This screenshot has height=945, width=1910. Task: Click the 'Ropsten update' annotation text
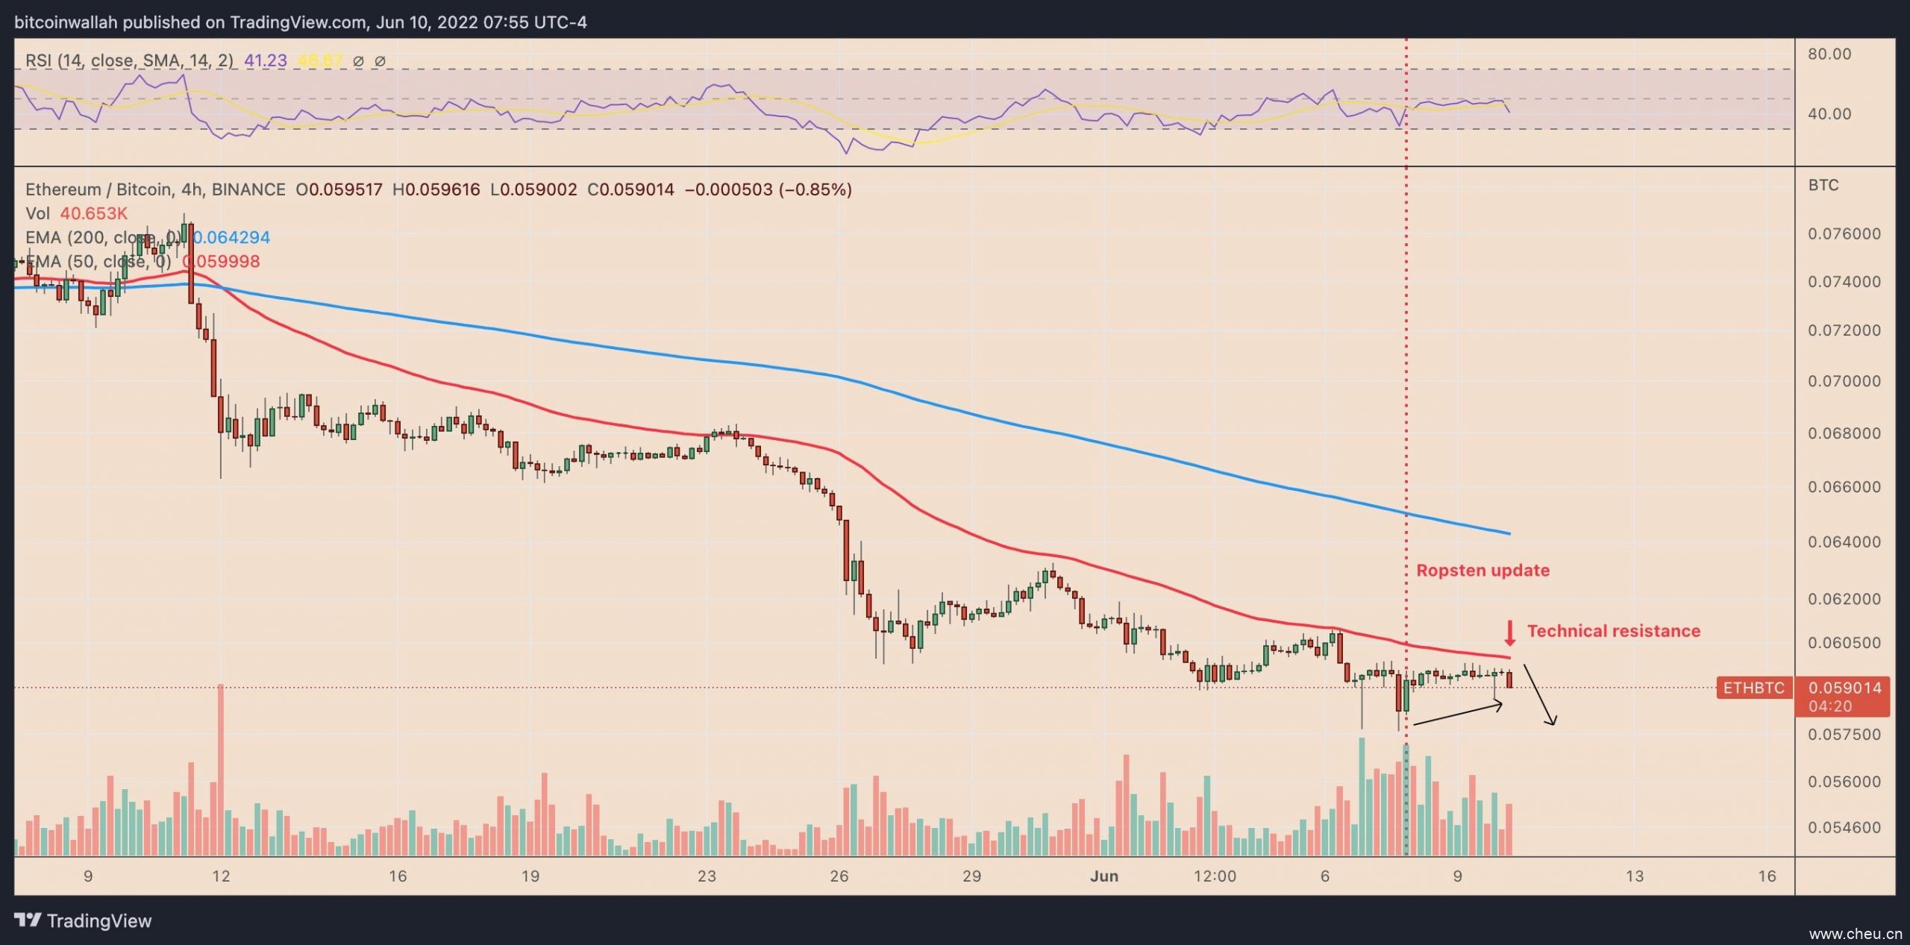[1482, 571]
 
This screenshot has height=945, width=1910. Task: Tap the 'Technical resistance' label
[1613, 631]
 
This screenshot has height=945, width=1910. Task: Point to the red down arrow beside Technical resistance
[1509, 632]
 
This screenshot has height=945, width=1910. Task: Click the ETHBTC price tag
[1753, 688]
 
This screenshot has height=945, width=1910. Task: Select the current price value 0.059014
[1844, 688]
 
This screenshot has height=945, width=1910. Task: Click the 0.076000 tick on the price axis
[1844, 234]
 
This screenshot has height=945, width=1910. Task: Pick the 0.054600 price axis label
[1844, 827]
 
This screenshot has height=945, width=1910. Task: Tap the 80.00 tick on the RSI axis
[1829, 54]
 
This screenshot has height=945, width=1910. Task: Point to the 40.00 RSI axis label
[1829, 114]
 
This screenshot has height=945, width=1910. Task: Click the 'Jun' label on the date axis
[1103, 876]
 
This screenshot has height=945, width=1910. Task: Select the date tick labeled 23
[707, 876]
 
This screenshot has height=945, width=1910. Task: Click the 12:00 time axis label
[1215, 876]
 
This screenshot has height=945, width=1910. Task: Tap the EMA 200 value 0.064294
[231, 238]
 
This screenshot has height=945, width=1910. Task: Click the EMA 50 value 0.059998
[222, 262]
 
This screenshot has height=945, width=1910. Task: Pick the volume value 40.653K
[94, 214]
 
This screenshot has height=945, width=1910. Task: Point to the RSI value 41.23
[265, 61]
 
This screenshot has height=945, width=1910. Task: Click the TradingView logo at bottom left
[83, 921]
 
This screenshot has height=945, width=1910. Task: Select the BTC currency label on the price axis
[1823, 185]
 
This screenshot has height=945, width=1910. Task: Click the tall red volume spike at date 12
[220, 768]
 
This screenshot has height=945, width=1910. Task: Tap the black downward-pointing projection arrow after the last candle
[1539, 695]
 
